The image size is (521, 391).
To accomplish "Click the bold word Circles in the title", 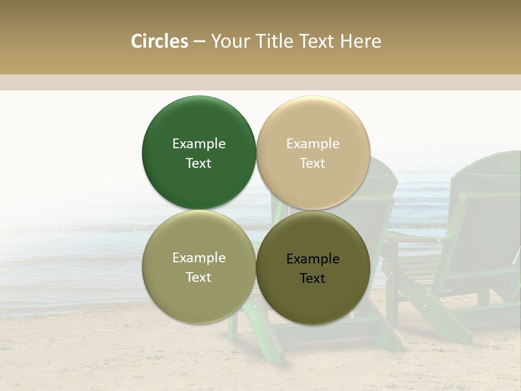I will point(160,41).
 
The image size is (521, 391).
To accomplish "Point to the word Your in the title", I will point(229,41).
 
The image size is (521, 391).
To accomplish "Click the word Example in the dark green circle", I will point(199,143).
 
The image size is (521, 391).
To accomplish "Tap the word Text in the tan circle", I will point(313,163).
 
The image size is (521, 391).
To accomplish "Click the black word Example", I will point(313,258).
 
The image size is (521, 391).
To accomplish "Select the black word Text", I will point(313,278).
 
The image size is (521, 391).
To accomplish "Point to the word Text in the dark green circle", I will point(199,163).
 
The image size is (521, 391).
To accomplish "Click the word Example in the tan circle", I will point(313,143).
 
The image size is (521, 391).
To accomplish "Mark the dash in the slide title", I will point(199,42).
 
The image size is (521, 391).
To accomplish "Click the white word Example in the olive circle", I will point(199,257).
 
